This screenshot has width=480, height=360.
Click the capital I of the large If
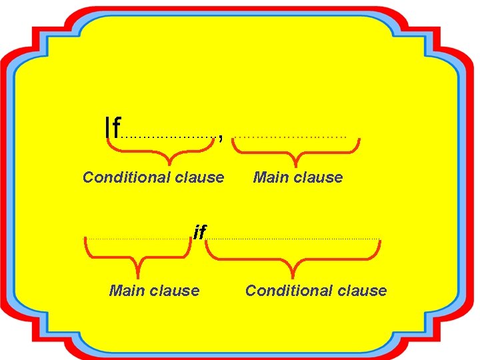(107, 126)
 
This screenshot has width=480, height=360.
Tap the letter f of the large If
(116, 126)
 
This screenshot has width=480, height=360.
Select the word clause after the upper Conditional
(199, 177)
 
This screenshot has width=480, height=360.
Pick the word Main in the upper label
(271, 177)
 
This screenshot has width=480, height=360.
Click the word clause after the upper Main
(318, 177)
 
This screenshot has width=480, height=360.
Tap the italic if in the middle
(199, 232)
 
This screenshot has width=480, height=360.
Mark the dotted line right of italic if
(293, 238)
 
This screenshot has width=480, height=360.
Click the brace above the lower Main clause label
(137, 257)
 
